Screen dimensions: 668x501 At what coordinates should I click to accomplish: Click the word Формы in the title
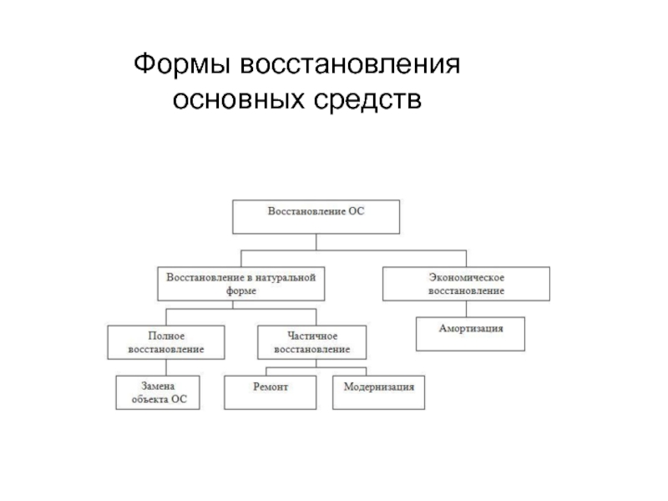coord(182,65)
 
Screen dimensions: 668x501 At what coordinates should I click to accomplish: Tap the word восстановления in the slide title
coord(350,64)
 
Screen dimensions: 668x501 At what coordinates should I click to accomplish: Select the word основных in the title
coord(239,100)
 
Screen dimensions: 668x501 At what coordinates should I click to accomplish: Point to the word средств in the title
coord(367,101)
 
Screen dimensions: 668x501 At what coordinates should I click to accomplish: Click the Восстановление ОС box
coord(316,217)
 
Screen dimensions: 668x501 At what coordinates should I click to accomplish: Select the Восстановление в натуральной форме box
coord(241,284)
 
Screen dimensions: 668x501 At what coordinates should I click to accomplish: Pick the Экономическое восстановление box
coord(466,284)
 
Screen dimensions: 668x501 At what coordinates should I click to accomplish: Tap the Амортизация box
coord(470,334)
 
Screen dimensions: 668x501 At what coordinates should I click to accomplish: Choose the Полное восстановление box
coord(166,342)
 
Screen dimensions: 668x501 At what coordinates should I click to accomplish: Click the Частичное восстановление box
coord(311,342)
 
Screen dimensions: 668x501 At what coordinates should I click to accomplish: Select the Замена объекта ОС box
coord(158,392)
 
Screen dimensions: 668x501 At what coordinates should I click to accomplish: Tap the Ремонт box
coord(270,392)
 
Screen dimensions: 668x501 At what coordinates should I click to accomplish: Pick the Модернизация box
coord(379,392)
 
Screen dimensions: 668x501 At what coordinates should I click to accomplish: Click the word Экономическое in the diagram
coord(467,278)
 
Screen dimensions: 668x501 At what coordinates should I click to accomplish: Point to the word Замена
coord(158,386)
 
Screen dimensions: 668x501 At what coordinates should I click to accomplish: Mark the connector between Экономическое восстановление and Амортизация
coord(466,309)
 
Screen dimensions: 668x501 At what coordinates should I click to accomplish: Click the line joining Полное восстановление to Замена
coord(166,367)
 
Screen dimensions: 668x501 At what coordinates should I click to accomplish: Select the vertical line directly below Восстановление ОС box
coord(316,242)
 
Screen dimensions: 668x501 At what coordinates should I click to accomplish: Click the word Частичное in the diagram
coord(312,337)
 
